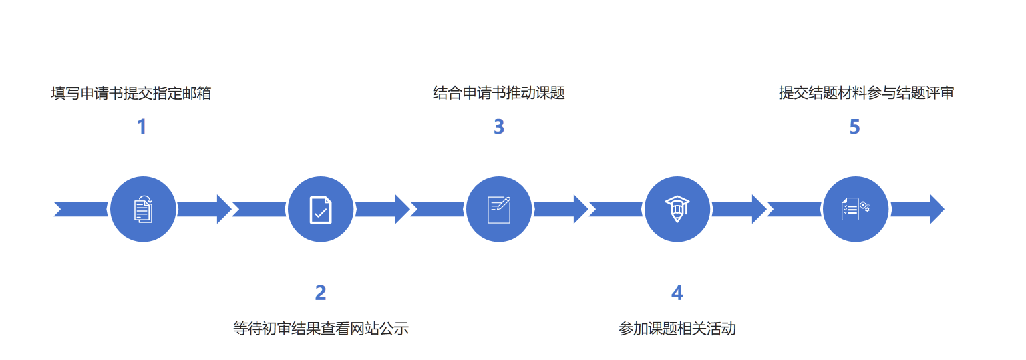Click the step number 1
pos(142,126)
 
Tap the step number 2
pos(321,293)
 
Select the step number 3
pos(499,126)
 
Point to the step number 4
pos(677,293)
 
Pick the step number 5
pos(855,126)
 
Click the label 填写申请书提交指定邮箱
pos(131,93)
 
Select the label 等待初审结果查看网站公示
pos(321,328)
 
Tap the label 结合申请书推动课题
pos(499,93)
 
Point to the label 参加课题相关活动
pos(677,328)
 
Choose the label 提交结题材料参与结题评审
pos(866,93)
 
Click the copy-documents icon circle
pos(143,209)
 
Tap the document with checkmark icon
pos(321,209)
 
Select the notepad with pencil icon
pos(499,209)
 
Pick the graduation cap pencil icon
pos(677,209)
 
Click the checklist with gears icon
pos(856,209)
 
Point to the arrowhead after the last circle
pos(936,209)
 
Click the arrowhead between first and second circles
pos(223,209)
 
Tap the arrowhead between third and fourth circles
pos(580,209)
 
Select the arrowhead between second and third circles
pos(401,209)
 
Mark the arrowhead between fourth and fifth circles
pos(758,209)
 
